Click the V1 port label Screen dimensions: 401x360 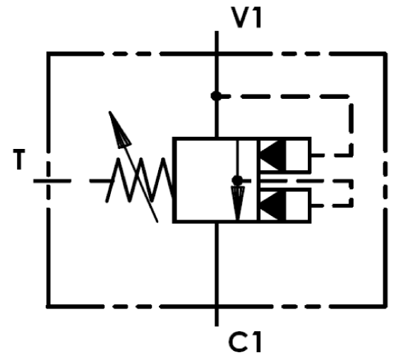pos(246,18)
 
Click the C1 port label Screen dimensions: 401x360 pos(245,342)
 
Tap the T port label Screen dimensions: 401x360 pos(19,160)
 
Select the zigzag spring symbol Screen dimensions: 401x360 pos(140,180)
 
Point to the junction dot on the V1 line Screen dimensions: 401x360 pos(216,96)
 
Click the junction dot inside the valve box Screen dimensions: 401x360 pos(237,181)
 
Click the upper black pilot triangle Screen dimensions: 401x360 pos(273,155)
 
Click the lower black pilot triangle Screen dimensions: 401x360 pos(273,205)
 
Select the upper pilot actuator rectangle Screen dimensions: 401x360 pos(285,155)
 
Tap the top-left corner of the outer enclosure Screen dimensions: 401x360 pos(48,54)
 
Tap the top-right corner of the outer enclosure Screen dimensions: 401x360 pos(385,54)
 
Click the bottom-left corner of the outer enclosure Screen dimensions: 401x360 pos(48,306)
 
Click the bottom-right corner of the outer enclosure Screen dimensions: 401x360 pos(385,306)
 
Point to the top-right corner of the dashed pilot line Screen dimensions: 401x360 pos(351,97)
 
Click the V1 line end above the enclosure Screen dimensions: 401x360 pos(217,32)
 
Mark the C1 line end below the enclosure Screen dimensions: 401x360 pos(217,325)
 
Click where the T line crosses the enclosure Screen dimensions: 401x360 pos(48,181)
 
